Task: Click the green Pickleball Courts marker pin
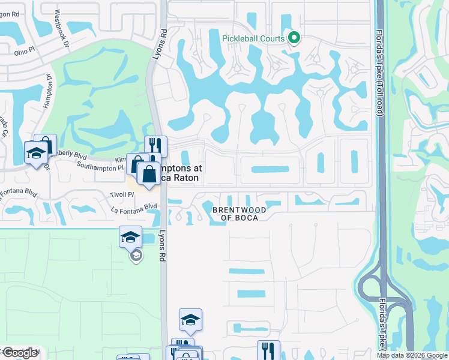pyautogui.click(x=294, y=38)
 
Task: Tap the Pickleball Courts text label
pyautogui.click(x=253, y=38)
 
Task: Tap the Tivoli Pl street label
pyautogui.click(x=122, y=194)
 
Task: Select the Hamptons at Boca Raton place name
pyautogui.click(x=180, y=173)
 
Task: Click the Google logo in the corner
pyautogui.click(x=20, y=353)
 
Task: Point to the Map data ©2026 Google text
pyautogui.click(x=411, y=355)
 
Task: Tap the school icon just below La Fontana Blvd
pyautogui.click(x=130, y=236)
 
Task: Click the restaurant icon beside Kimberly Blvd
pyautogui.click(x=155, y=146)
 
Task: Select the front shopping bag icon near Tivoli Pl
pyautogui.click(x=148, y=173)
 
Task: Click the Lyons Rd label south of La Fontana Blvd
pyautogui.click(x=161, y=247)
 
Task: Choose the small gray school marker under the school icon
pyautogui.click(x=136, y=256)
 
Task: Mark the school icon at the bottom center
pyautogui.click(x=190, y=320)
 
